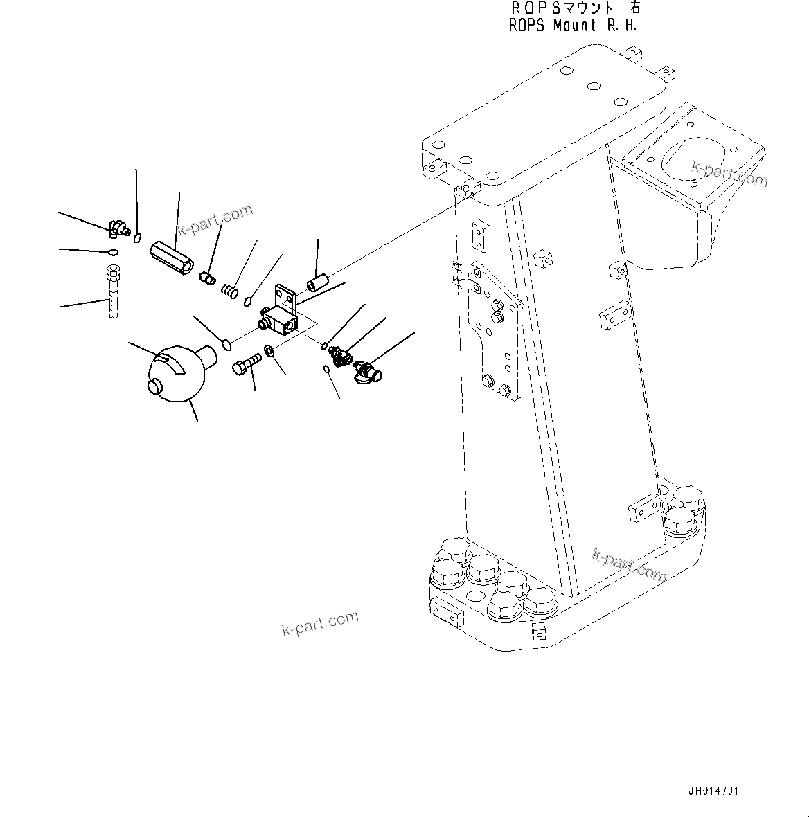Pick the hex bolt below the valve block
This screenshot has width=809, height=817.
(x=247, y=364)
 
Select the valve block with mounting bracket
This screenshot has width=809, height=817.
(x=281, y=312)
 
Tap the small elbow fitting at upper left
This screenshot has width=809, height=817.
(x=118, y=226)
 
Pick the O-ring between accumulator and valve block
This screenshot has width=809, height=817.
(x=225, y=343)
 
